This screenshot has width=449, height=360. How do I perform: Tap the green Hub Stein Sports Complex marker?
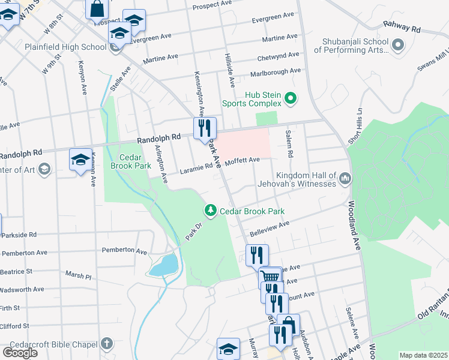click(291, 98)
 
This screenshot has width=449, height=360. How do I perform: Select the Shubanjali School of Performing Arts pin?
click(397, 45)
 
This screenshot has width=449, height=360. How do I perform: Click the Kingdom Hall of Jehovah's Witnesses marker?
click(345, 178)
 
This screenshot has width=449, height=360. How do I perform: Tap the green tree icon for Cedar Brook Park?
click(210, 211)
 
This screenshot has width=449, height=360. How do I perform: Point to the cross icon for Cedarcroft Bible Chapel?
click(106, 344)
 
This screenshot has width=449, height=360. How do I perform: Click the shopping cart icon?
click(271, 278)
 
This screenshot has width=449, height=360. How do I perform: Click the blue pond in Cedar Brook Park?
click(163, 265)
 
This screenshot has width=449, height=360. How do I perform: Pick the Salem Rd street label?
click(289, 143)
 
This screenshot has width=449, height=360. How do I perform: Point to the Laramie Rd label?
click(196, 170)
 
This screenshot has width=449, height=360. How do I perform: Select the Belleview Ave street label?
click(270, 226)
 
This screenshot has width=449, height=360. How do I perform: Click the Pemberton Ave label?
click(124, 250)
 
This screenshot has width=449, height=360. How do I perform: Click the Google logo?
click(20, 352)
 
